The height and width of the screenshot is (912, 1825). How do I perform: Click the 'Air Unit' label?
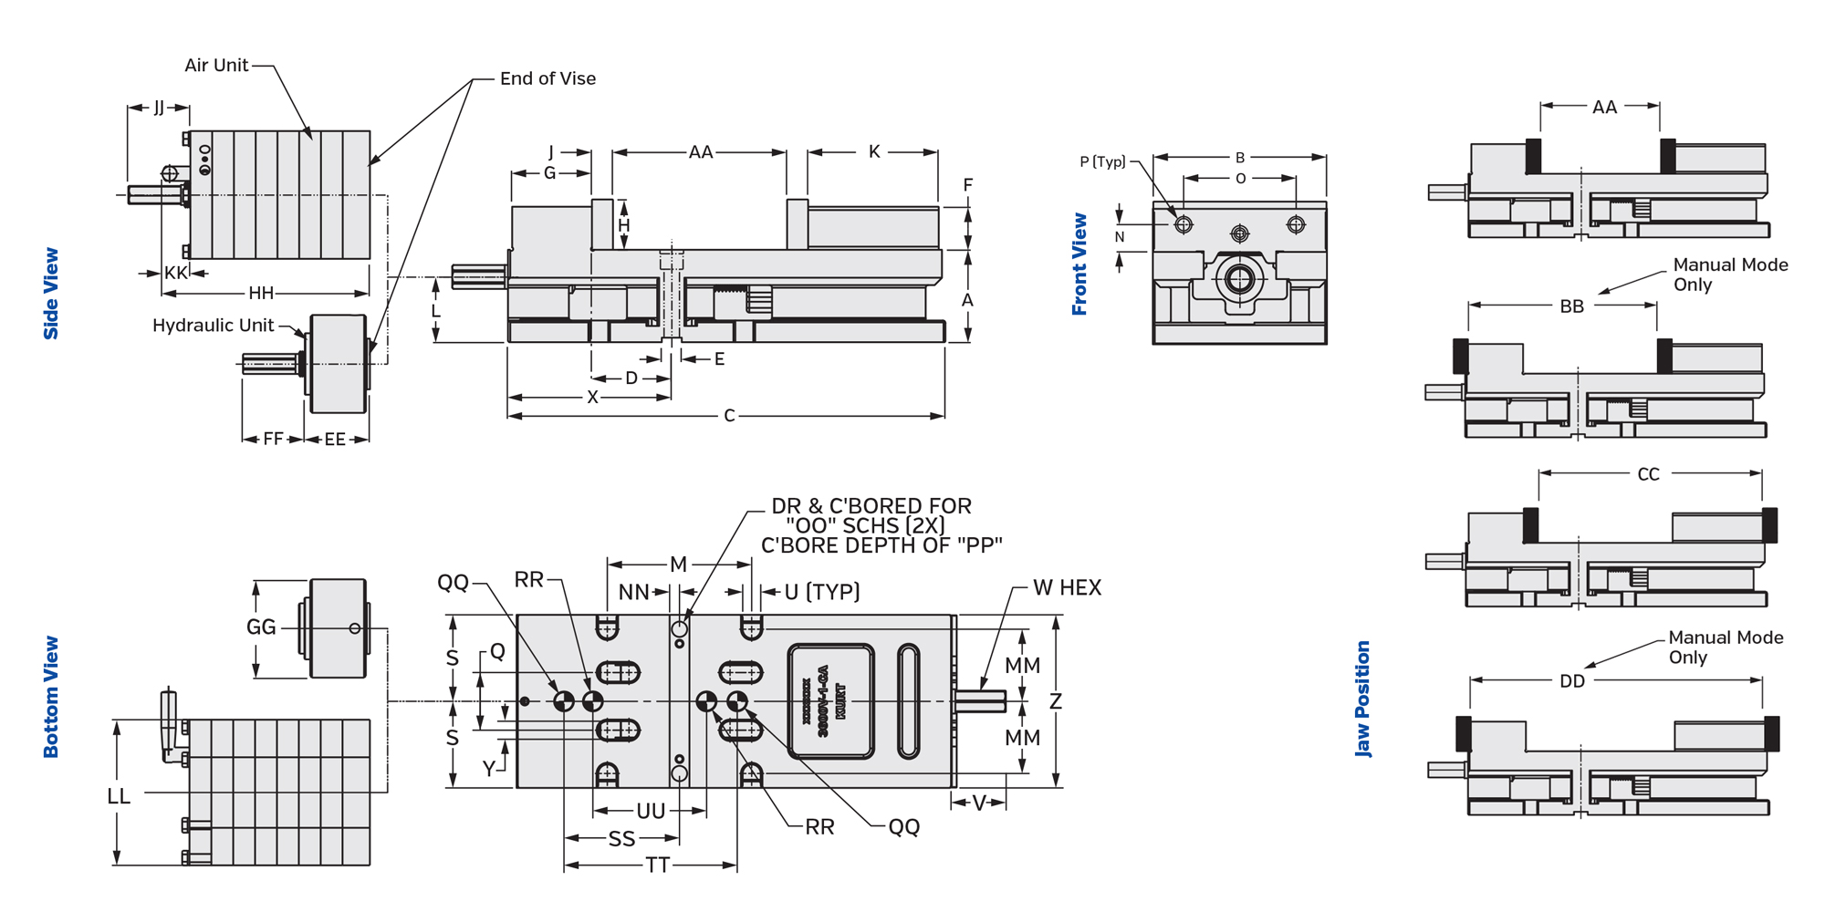point(216,66)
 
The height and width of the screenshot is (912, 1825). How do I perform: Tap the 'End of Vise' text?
point(547,78)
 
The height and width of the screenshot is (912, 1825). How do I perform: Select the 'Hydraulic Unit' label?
point(213,326)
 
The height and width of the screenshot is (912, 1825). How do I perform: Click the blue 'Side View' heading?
point(51,293)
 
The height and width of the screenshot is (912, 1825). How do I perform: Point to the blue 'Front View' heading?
point(1079,264)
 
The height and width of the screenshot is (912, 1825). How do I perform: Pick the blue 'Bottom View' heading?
point(51,697)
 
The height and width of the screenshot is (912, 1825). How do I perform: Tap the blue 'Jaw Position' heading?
point(1362,699)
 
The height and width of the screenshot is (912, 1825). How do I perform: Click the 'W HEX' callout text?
point(1067,588)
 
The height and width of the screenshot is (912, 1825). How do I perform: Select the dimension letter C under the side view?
point(729,416)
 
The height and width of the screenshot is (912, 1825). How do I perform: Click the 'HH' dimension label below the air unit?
point(261,293)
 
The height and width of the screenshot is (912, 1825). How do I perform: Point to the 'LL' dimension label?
point(119,796)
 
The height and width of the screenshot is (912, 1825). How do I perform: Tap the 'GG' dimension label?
point(261,627)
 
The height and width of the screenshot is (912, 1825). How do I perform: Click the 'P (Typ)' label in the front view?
point(1102,161)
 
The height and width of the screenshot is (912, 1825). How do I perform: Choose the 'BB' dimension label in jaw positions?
point(1571,306)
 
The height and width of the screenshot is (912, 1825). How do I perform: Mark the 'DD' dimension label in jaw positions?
point(1571,681)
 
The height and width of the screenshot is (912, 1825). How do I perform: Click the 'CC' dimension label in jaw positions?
point(1648,474)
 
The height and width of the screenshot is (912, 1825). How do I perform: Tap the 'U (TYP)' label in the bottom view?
point(822,592)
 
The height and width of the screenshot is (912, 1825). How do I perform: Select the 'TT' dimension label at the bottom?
point(657,865)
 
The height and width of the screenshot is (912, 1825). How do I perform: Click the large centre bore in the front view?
point(1239,278)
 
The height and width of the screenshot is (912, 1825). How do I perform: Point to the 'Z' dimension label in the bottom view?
point(1056,701)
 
